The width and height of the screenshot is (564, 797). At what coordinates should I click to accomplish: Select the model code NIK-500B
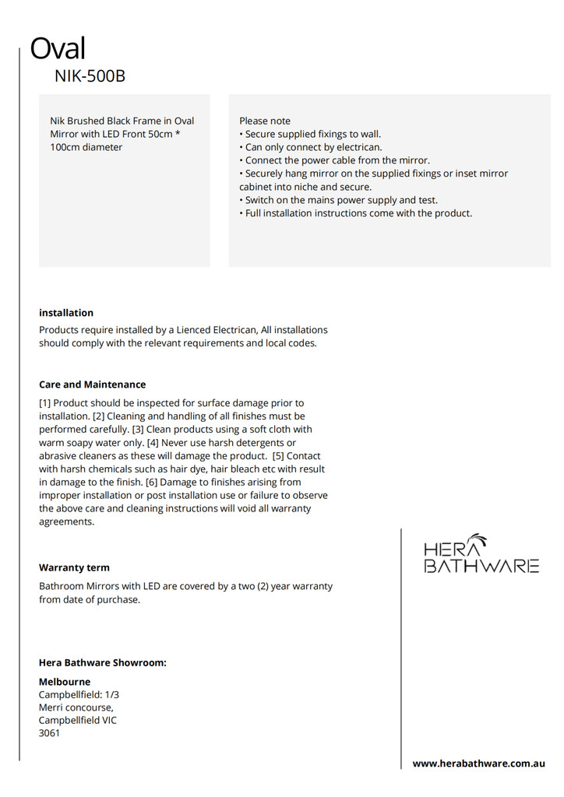pos(90,76)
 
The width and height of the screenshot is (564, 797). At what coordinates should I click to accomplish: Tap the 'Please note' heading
pos(265,121)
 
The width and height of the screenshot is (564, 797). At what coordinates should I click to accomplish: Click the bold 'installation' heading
pos(66,313)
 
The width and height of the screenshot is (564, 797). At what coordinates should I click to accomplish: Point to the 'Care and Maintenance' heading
pos(92,384)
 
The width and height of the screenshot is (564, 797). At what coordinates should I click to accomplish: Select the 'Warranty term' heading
pos(74,567)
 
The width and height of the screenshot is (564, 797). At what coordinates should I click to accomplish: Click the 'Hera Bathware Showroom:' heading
pos(103,662)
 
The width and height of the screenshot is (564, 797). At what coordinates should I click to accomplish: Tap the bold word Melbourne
pos(65,682)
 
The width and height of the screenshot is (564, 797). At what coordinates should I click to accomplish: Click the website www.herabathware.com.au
pos(478,764)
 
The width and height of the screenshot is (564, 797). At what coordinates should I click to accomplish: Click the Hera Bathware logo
pos(481,554)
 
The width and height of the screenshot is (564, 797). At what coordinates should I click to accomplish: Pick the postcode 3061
pos(50,733)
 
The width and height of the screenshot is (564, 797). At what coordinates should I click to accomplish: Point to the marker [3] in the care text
pos(139,430)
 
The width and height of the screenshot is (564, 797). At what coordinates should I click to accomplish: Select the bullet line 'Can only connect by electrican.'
pos(313,147)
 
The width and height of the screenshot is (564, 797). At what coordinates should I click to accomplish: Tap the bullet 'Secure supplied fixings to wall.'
pos(312,134)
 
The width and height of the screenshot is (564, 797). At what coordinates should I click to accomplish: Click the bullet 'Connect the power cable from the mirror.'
pos(337,160)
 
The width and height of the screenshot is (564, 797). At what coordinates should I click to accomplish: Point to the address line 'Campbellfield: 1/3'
pos(79,694)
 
